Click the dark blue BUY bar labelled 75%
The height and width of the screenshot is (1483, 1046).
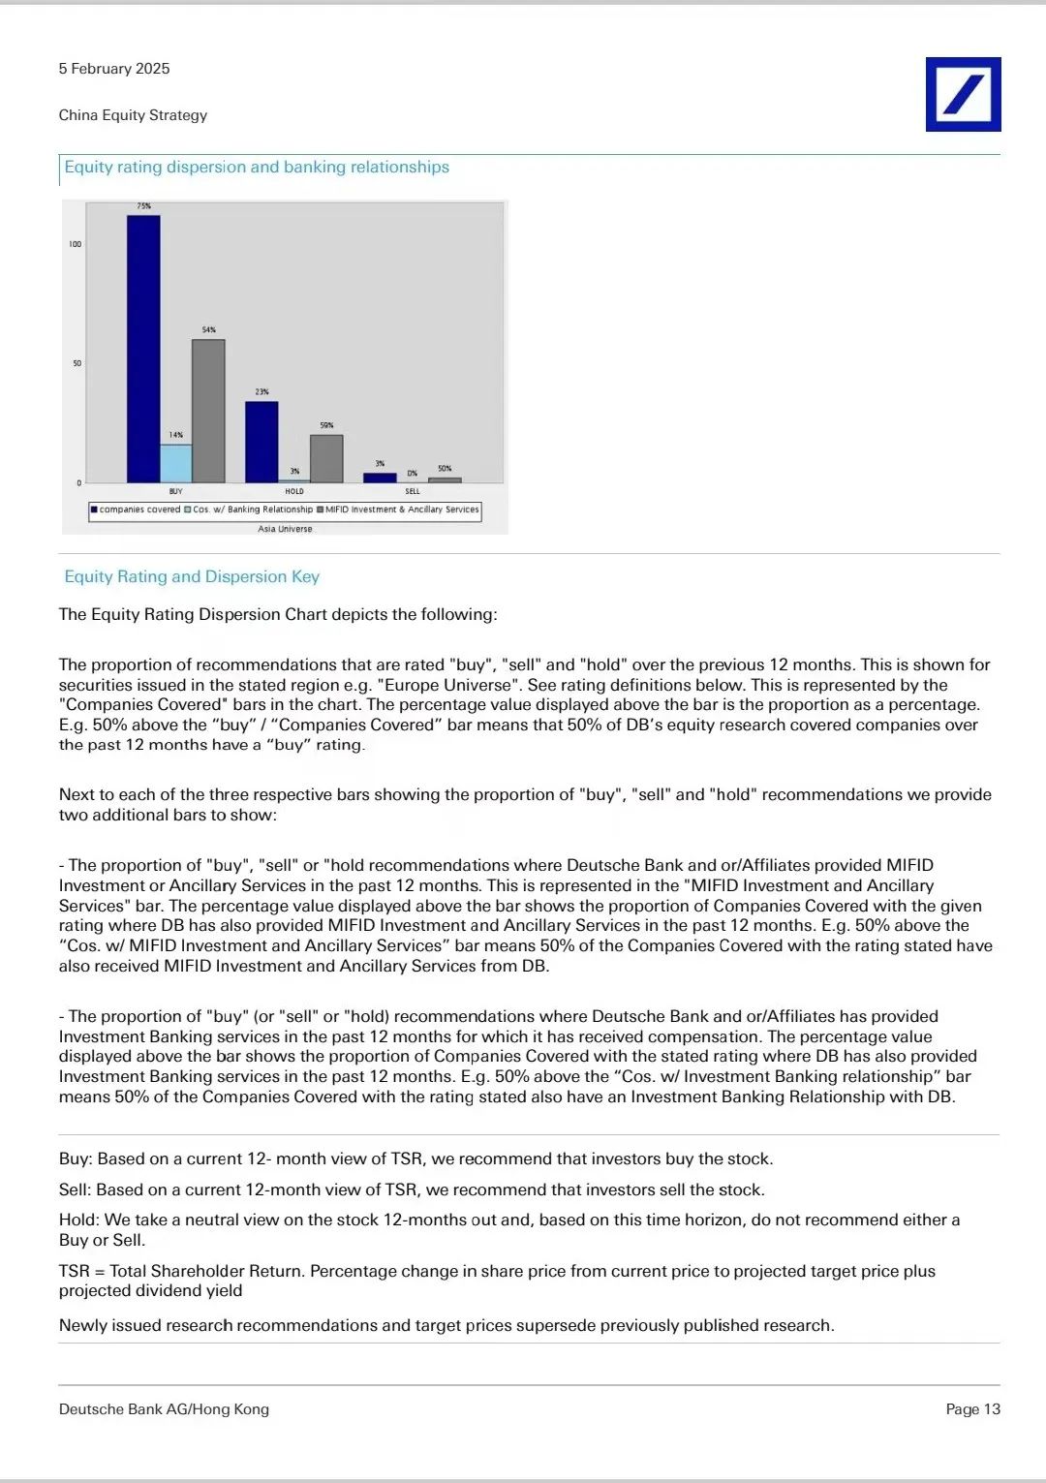(143, 349)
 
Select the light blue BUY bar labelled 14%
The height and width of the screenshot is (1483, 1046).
(175, 464)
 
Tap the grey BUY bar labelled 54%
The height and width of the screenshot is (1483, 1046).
(208, 411)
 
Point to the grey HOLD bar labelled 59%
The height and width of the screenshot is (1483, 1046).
(326, 459)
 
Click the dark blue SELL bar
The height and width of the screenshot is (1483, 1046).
(380, 478)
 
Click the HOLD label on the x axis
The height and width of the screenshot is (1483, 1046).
(294, 491)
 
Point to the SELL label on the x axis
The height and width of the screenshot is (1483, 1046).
(413, 491)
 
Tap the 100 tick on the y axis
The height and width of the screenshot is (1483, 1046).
(76, 244)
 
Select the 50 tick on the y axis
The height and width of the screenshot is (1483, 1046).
(77, 363)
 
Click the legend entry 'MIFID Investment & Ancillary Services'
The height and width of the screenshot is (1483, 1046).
(402, 510)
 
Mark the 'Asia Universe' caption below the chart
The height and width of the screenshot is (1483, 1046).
(285, 529)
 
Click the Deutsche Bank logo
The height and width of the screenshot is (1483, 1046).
(963, 94)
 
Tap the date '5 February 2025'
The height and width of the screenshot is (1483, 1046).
(114, 69)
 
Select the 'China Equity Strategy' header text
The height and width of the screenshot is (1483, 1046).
(133, 115)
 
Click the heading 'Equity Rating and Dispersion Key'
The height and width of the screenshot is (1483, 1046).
(192, 576)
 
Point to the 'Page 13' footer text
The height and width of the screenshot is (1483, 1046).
(972, 1409)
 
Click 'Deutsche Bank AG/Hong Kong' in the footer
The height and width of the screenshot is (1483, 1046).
(164, 1409)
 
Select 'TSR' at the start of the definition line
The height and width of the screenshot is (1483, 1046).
(74, 1271)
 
